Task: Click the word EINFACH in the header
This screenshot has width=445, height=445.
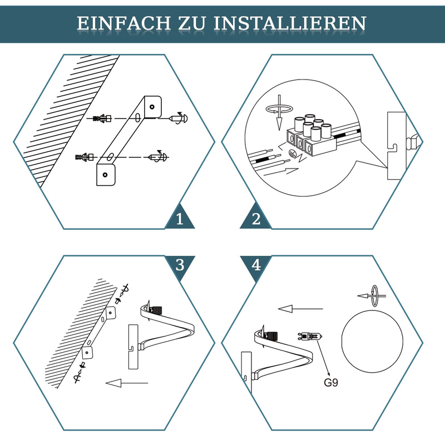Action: (x=123, y=23)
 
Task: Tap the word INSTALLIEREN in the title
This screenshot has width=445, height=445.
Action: (x=290, y=23)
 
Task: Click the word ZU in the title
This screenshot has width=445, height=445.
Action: (x=192, y=23)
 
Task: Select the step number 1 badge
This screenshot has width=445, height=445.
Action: (x=180, y=219)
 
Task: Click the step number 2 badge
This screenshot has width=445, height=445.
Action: (x=256, y=219)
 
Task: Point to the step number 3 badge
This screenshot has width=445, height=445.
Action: (x=180, y=265)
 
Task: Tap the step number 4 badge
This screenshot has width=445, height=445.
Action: (x=256, y=265)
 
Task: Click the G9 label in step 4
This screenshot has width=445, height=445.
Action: (x=331, y=383)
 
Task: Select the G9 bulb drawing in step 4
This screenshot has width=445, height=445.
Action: (x=310, y=337)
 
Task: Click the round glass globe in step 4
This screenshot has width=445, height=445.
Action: (x=372, y=342)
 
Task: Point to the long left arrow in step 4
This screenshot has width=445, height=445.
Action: (x=300, y=309)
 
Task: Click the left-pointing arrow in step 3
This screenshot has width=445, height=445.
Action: (x=127, y=383)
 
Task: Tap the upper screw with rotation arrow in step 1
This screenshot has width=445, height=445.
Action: (x=178, y=118)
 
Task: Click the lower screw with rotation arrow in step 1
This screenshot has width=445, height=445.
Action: (x=158, y=157)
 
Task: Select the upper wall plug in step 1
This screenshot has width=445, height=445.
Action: (x=102, y=118)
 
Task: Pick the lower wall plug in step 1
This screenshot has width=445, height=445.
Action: (x=85, y=157)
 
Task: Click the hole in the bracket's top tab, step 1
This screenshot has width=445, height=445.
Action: (x=152, y=107)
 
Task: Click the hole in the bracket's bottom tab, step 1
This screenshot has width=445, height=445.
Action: (x=105, y=175)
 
